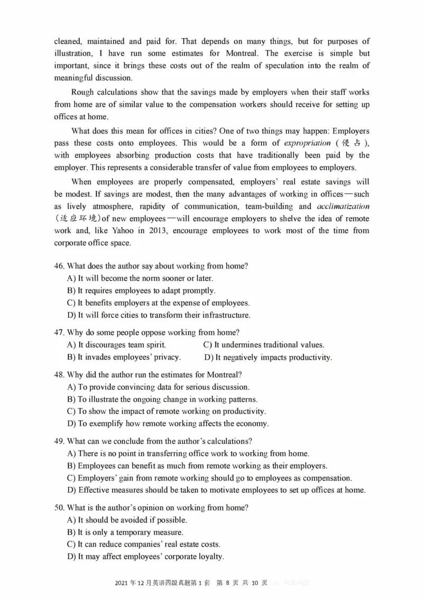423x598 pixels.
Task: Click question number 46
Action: click(x=59, y=266)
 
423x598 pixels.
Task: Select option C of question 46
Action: click(x=158, y=303)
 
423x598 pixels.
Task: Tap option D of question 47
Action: click(x=268, y=357)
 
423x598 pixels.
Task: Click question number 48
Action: click(x=59, y=374)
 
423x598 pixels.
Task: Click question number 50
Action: click(x=59, y=507)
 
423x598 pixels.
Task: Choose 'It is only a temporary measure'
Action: click(x=132, y=532)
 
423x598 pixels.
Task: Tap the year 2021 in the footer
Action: click(x=121, y=583)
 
